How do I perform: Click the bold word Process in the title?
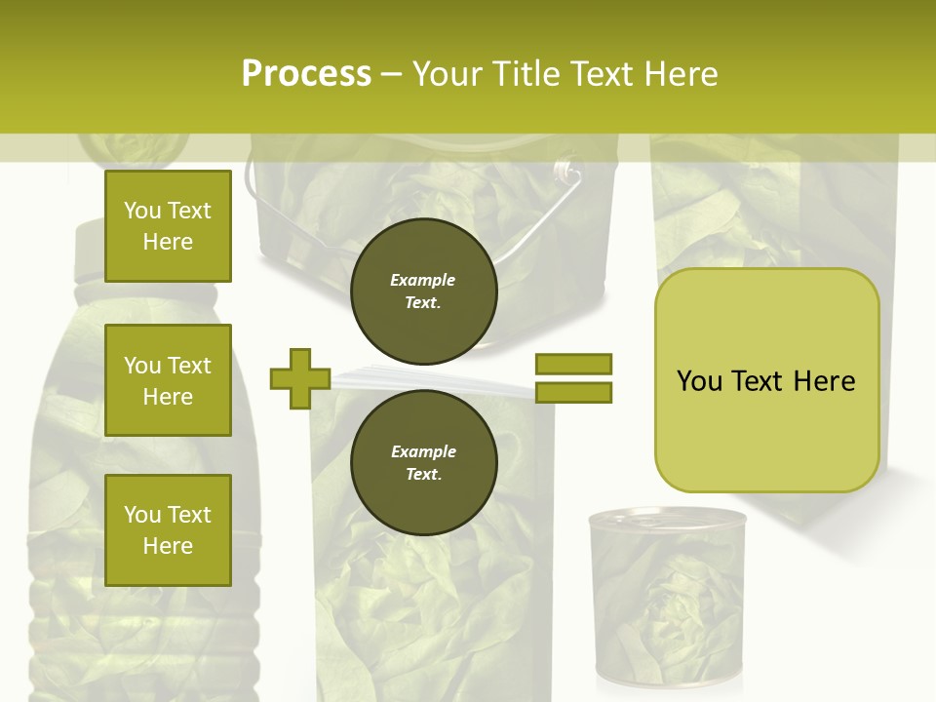(306, 74)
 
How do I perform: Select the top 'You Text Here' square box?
(168, 226)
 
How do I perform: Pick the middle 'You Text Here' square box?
(168, 380)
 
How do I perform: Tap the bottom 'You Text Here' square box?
(168, 530)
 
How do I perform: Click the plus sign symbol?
(300, 378)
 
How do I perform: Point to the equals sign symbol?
(573, 378)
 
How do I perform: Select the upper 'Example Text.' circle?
(423, 291)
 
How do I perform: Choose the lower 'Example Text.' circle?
(423, 462)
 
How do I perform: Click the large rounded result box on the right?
(766, 380)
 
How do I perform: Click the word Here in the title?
(681, 74)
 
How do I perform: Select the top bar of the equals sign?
(573, 365)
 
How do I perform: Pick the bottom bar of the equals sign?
(573, 392)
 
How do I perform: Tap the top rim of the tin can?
(667, 518)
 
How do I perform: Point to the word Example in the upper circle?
(423, 280)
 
